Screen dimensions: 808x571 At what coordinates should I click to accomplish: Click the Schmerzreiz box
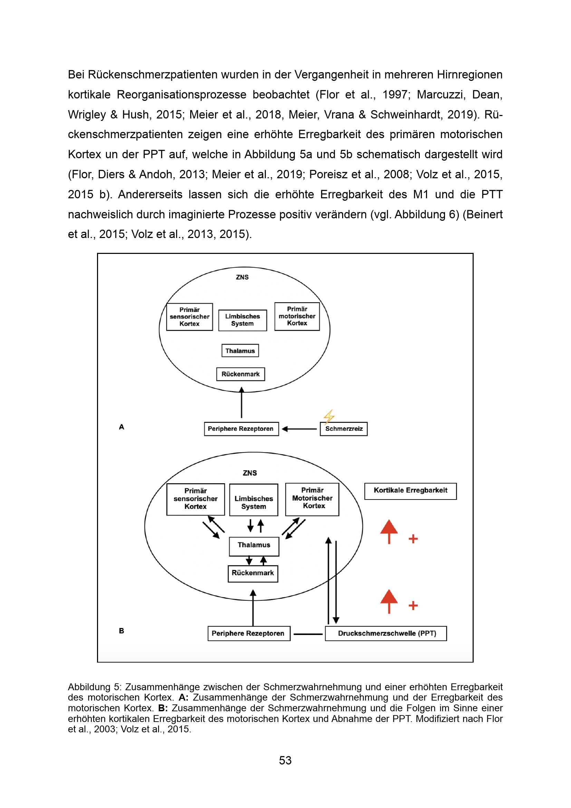point(343,429)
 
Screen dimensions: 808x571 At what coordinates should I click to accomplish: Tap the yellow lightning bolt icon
point(329,416)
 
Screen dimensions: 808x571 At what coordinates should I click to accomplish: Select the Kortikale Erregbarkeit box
point(410,491)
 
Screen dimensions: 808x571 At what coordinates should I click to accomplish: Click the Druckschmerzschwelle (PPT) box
point(386,634)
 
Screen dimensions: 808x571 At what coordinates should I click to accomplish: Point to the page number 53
point(285,760)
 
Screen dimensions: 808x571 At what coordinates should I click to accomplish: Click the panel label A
point(122,427)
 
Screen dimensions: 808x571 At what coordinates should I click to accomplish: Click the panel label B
point(122,631)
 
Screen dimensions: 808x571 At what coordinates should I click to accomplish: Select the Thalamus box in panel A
point(240,351)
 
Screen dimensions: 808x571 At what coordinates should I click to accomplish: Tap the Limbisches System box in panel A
point(243,320)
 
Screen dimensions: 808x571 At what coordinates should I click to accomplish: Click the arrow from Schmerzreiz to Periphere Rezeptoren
point(300,429)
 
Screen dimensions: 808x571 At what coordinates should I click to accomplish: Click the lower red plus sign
point(413,605)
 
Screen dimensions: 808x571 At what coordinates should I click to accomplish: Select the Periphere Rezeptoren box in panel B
point(249,634)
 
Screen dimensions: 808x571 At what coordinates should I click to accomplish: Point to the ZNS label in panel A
point(242,277)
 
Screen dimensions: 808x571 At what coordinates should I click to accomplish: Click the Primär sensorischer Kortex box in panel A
point(190,317)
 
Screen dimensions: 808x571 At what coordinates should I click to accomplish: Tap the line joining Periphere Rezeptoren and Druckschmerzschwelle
point(308,634)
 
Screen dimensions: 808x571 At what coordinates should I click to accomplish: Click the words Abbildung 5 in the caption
point(94,687)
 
